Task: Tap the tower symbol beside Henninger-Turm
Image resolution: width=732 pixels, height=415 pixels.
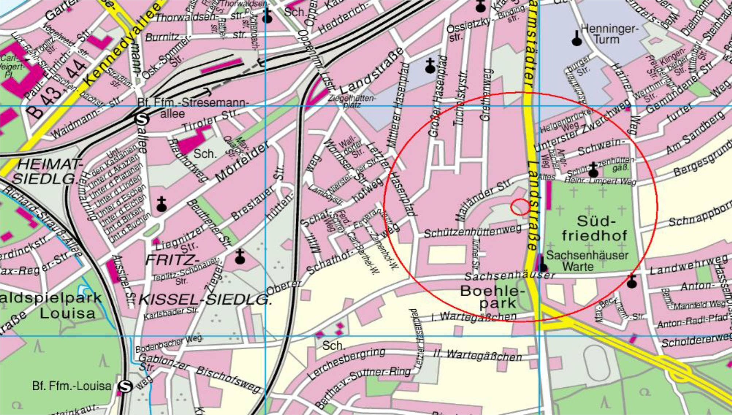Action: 577,38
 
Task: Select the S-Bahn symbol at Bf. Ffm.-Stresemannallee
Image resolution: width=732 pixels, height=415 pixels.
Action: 141,119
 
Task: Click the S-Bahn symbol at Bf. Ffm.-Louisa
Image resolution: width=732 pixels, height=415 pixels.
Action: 125,386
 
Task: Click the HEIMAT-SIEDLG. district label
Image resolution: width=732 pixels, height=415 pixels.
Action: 47,171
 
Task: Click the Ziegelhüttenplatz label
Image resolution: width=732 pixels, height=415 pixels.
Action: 351,101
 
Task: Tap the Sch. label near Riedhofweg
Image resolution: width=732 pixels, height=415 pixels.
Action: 205,154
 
